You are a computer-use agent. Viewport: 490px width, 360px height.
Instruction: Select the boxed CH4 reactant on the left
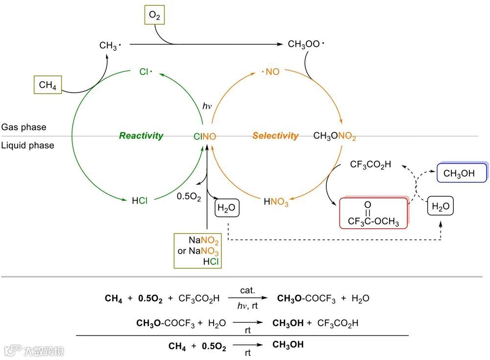click(x=48, y=85)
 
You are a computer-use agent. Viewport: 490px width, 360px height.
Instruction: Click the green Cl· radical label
click(x=146, y=72)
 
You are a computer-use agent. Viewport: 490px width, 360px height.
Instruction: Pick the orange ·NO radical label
click(x=270, y=72)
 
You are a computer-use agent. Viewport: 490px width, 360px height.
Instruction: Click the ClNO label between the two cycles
click(x=205, y=137)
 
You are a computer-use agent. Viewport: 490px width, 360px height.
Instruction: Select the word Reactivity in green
click(x=141, y=136)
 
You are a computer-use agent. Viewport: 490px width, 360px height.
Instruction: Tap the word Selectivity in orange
click(x=275, y=136)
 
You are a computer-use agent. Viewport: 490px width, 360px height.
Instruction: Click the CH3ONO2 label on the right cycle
click(x=335, y=136)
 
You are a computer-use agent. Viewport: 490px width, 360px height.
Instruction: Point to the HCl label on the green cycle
click(x=140, y=200)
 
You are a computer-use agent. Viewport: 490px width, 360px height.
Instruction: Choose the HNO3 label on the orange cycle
click(x=276, y=201)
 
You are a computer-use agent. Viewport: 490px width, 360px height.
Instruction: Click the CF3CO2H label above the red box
click(x=370, y=165)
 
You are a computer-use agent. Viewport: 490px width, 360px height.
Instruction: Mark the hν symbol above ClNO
click(x=207, y=106)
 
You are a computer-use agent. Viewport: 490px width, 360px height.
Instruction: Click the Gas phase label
click(x=24, y=127)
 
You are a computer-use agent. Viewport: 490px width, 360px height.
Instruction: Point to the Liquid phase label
click(x=27, y=145)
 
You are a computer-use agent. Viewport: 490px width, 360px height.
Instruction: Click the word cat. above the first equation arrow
click(x=248, y=290)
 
